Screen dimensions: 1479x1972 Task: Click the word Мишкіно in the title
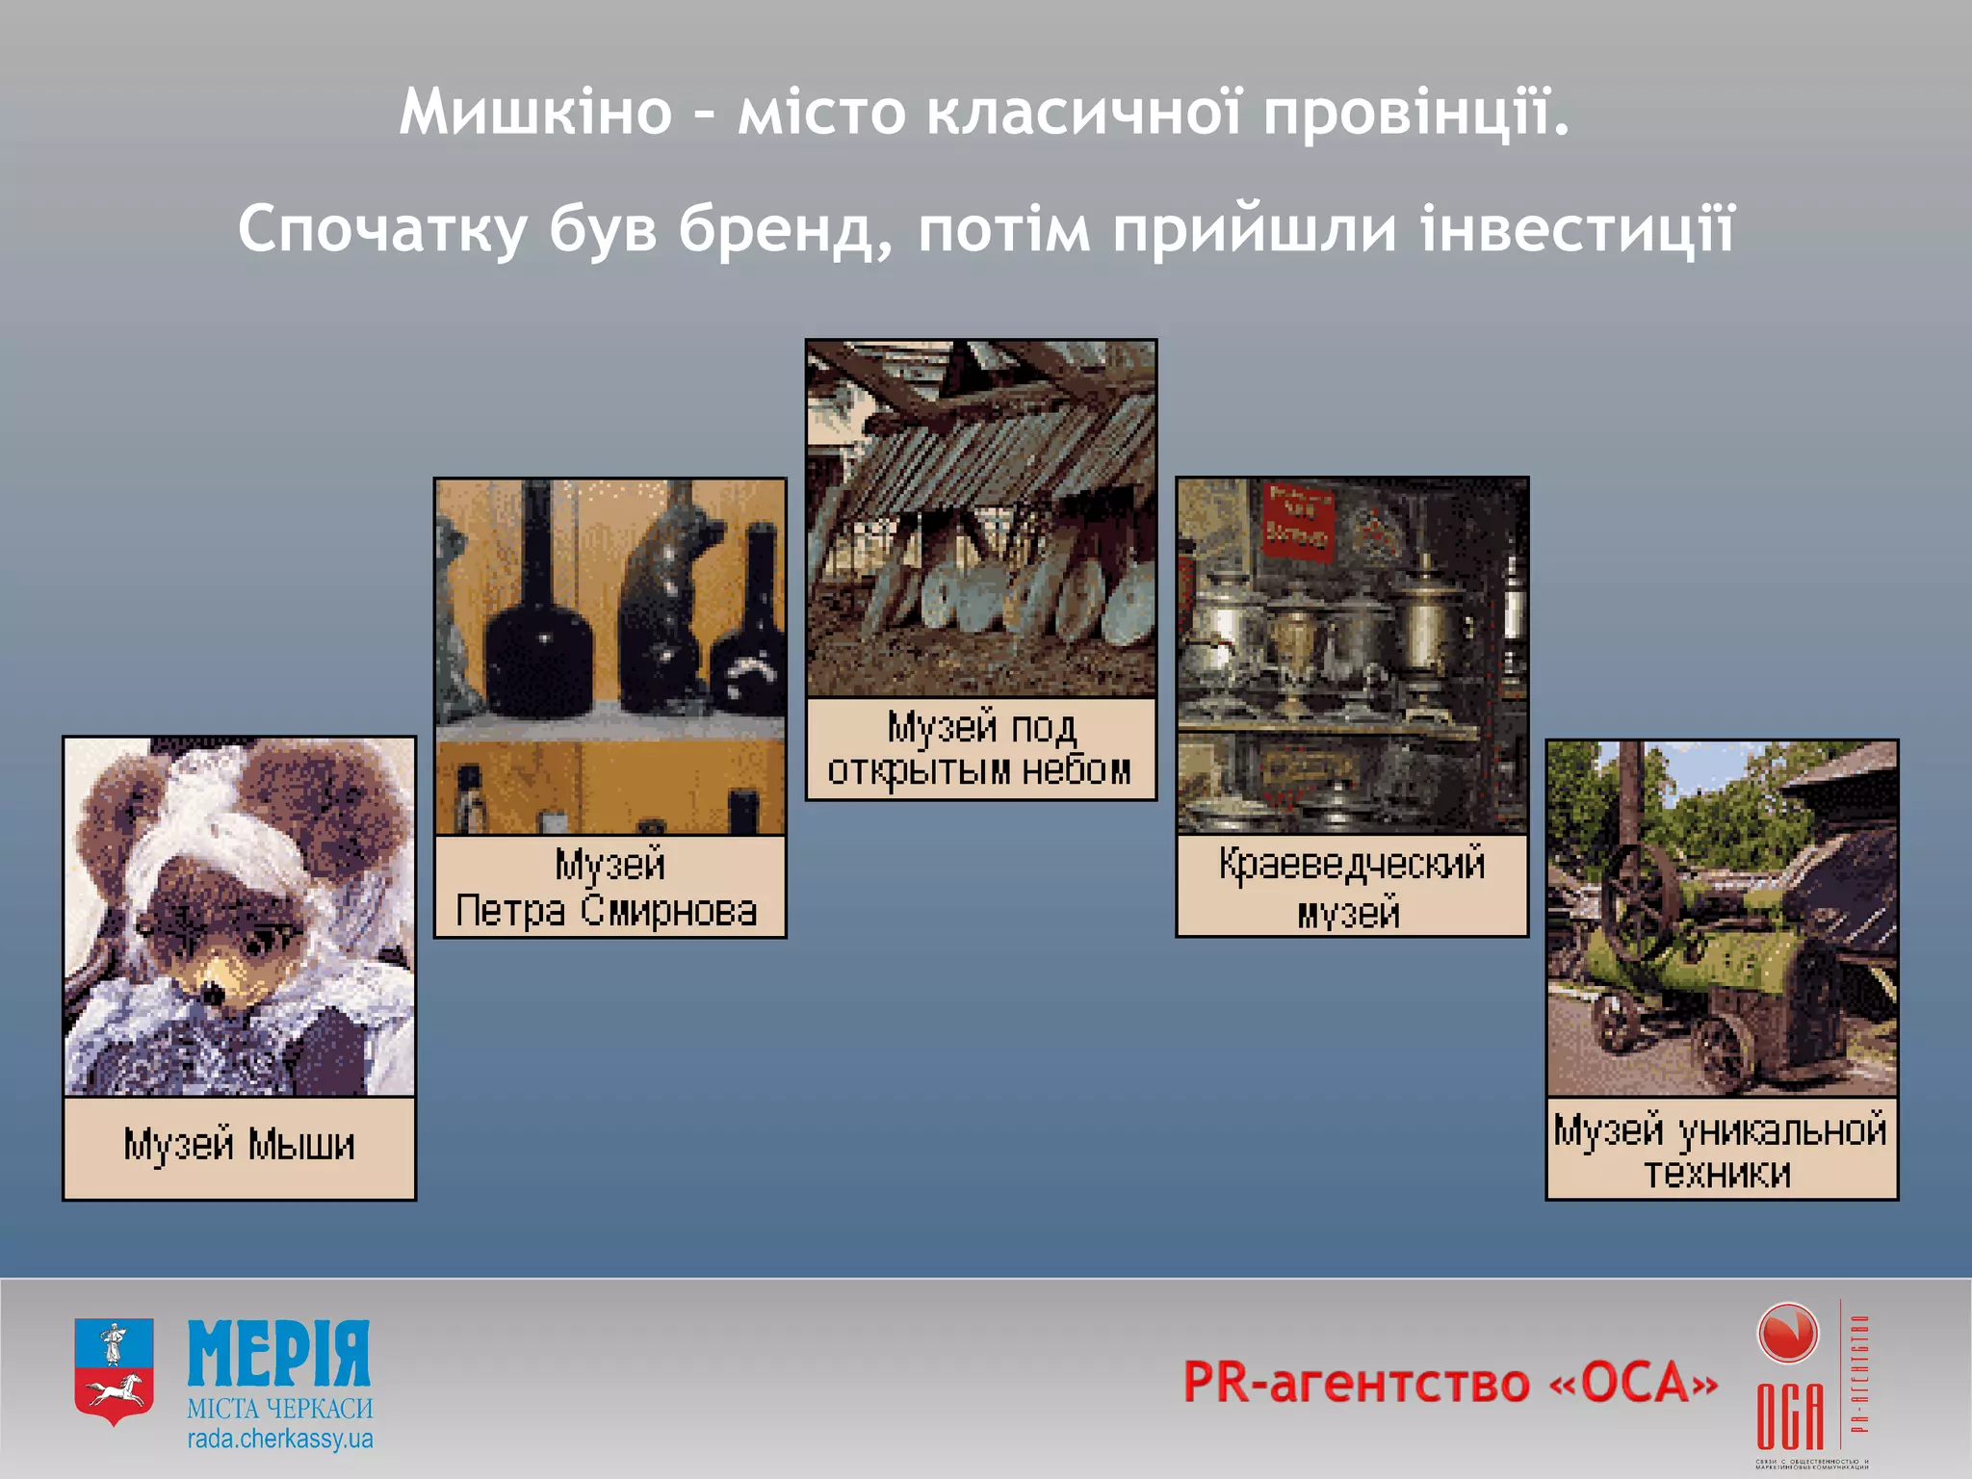535,113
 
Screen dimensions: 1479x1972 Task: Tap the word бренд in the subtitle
786,231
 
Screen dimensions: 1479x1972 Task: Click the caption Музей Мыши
239,1146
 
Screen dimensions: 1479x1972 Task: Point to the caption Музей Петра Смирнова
609,887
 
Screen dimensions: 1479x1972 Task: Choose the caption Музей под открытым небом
980,749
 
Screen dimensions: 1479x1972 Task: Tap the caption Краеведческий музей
1351,887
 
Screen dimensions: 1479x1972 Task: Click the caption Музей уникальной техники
1721,1150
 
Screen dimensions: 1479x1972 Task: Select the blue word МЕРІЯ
278,1353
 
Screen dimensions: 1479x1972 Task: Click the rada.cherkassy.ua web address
279,1440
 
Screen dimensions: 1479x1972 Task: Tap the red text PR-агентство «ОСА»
1449,1383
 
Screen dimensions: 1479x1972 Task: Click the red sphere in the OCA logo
1787,1334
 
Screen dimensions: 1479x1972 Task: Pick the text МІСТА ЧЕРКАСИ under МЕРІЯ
279,1409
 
